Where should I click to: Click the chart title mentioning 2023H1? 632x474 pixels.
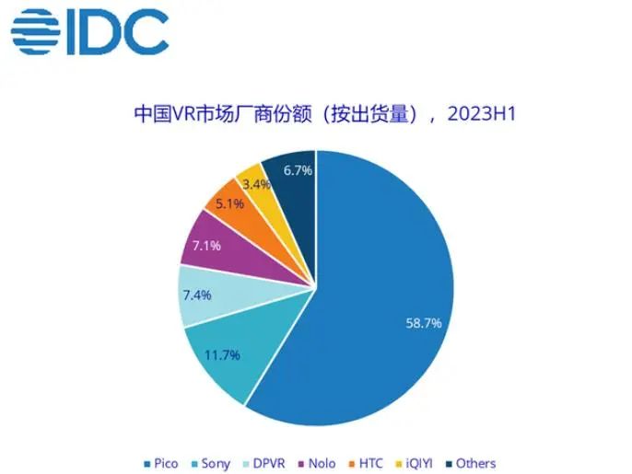[x=315, y=115]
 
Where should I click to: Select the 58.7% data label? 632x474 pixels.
[x=424, y=323]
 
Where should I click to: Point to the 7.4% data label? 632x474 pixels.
[x=197, y=295]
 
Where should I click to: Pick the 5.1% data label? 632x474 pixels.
[x=229, y=204]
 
